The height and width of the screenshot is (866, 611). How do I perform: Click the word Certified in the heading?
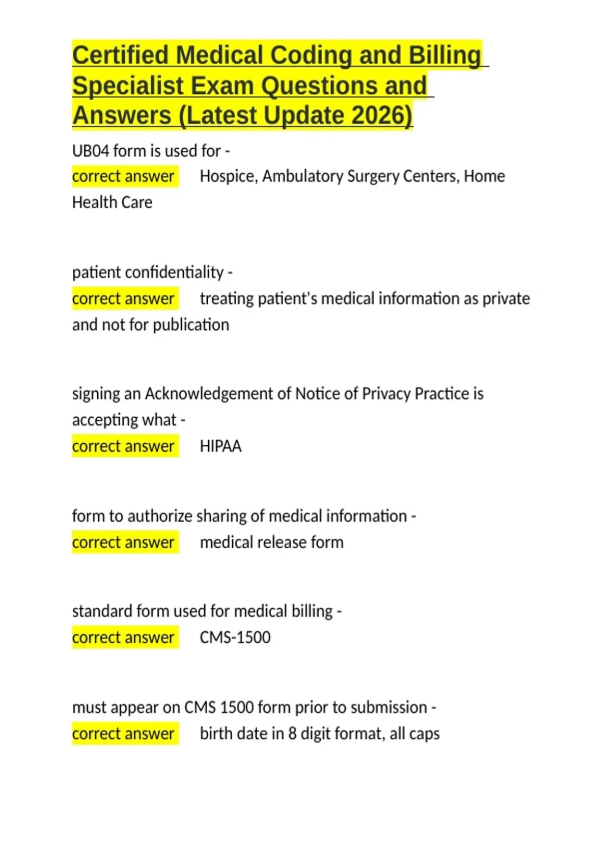(120, 56)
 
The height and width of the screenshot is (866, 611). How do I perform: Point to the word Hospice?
(228, 176)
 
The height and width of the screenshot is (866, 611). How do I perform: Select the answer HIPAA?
(220, 446)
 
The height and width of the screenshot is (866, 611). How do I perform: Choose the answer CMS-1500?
(235, 637)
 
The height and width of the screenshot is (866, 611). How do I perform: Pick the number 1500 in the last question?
(237, 708)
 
